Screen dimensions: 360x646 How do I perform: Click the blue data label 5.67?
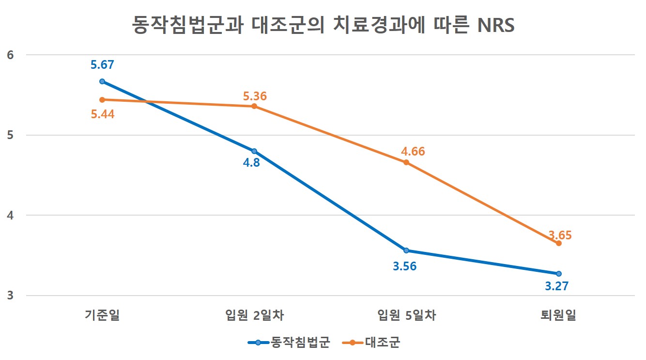pos(102,65)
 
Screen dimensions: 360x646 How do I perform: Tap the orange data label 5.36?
pos(255,96)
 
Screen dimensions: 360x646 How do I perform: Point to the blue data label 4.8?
pos(251,162)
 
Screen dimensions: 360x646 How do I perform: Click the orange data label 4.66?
pos(413,151)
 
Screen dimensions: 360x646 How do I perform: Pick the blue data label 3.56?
pos(405,266)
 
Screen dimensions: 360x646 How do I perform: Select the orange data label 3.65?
pos(560,235)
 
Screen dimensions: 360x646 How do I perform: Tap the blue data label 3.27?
pos(556,286)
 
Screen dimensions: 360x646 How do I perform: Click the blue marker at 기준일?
pos(102,81)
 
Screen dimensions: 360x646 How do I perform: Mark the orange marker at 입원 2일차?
pos(254,106)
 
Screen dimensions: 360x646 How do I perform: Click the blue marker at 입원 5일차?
pos(406,250)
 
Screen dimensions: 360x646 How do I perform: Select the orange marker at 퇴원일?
pos(558,243)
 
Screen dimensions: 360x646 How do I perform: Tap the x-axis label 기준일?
pos(102,316)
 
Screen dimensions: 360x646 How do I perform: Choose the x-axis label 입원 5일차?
pos(406,316)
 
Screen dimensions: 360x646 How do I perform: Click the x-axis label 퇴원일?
pos(558,316)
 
